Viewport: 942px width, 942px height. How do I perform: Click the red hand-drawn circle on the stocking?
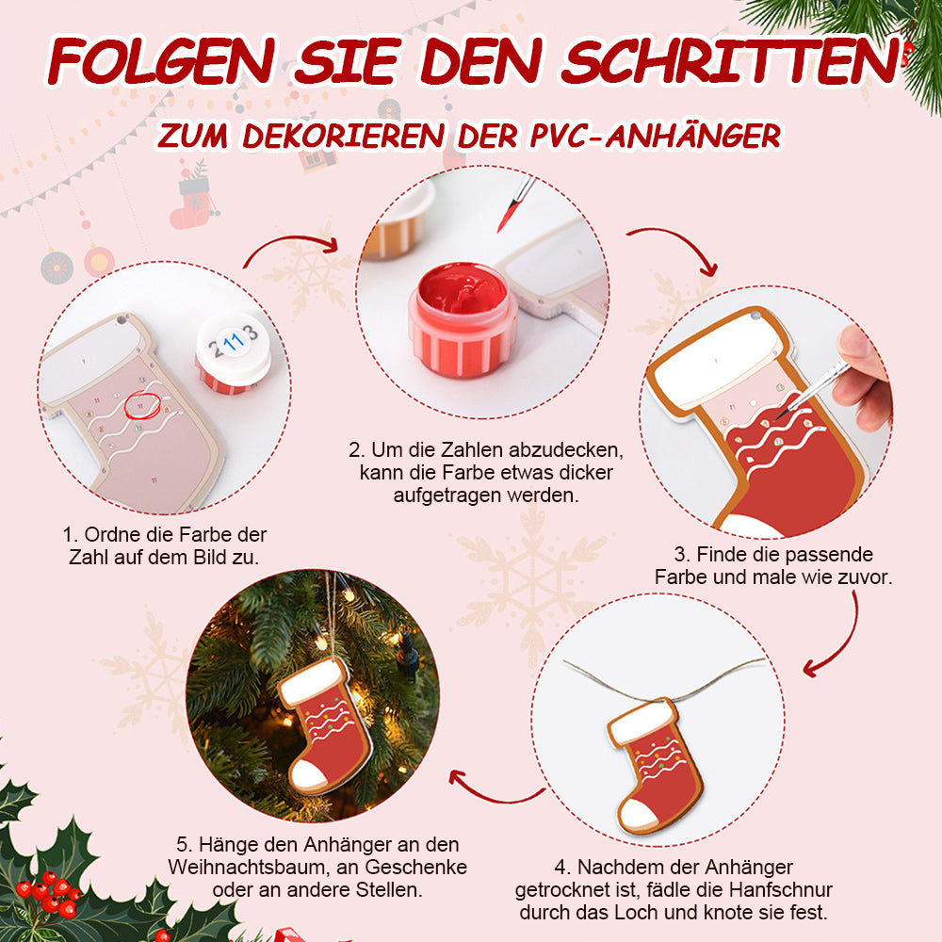click(142, 405)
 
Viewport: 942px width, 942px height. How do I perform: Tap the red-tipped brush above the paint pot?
click(515, 204)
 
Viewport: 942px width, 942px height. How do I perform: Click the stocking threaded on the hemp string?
click(655, 765)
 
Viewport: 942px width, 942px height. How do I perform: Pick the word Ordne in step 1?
click(107, 535)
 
